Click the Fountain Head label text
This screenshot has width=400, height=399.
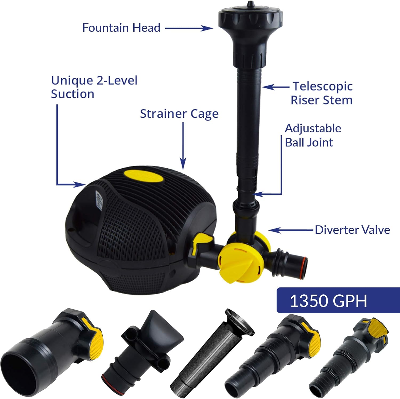click(x=121, y=28)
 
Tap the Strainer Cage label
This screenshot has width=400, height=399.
click(x=179, y=114)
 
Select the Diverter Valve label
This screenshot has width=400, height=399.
click(x=352, y=230)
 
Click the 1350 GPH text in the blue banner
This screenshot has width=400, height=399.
click(x=328, y=301)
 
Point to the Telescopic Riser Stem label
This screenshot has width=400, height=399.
click(x=322, y=93)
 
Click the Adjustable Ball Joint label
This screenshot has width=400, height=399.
click(x=313, y=135)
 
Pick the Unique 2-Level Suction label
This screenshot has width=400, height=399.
click(x=94, y=87)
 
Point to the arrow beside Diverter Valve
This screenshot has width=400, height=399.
click(x=291, y=230)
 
